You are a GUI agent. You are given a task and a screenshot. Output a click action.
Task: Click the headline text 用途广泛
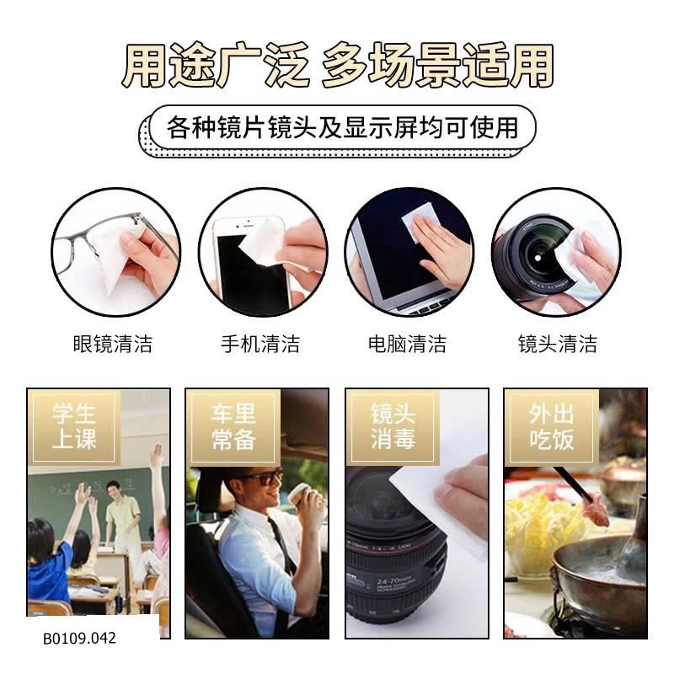216,65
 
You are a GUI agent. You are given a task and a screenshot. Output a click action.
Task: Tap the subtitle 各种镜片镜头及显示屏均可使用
342,128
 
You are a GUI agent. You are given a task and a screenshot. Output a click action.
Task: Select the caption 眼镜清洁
113,344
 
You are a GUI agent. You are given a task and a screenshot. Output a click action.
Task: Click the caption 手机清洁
260,344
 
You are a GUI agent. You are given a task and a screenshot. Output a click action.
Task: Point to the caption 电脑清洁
408,344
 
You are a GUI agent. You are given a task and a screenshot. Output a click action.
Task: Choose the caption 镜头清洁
558,344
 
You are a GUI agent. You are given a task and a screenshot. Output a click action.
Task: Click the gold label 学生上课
74,426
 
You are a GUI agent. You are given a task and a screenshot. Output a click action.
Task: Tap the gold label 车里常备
233,426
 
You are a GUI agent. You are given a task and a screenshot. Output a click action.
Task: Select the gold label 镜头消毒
393,426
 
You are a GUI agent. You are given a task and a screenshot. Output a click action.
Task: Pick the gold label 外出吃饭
552,426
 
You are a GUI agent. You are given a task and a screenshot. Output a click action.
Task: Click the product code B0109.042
79,638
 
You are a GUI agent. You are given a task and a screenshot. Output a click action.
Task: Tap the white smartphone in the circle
249,262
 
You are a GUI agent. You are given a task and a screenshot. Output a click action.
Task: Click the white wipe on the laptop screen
417,221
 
